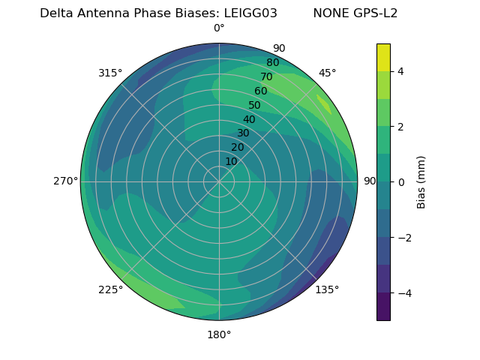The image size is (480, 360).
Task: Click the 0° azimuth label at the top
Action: [x=219, y=28]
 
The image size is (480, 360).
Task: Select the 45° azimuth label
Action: [x=328, y=73]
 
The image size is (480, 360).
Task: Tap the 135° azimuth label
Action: [x=327, y=289]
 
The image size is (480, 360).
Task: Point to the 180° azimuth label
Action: [x=219, y=334]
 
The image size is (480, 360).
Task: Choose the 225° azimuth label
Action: [x=110, y=289]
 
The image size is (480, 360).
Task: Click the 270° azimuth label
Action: [x=65, y=181]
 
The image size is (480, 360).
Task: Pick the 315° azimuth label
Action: [x=110, y=73]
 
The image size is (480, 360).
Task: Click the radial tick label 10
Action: [x=231, y=161]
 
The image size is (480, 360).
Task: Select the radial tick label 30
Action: [x=243, y=133]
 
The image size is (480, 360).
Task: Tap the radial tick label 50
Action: [x=254, y=106]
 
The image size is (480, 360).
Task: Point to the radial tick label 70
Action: [x=266, y=76]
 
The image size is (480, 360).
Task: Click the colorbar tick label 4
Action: [x=401, y=71]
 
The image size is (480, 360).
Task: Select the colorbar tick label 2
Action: [x=401, y=127]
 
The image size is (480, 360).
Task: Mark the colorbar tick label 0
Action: [x=401, y=182]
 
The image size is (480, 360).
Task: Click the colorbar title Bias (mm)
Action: [x=421, y=182]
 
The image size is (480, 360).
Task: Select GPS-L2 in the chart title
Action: [x=373, y=13]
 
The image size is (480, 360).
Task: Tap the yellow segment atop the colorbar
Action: [x=383, y=58]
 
